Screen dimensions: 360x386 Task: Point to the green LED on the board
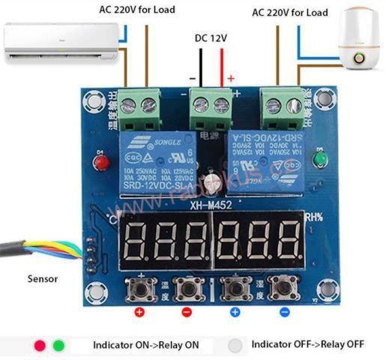321,159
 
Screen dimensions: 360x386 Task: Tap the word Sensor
43,278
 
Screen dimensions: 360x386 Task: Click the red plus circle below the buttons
139,311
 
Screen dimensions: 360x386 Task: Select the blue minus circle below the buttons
284,311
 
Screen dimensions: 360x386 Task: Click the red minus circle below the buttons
187,311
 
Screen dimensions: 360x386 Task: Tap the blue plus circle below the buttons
235,311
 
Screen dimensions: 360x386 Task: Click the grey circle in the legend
237,345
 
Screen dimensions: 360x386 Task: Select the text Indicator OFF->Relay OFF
308,344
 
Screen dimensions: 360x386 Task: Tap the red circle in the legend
40,346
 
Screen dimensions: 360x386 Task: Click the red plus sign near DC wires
231,78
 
